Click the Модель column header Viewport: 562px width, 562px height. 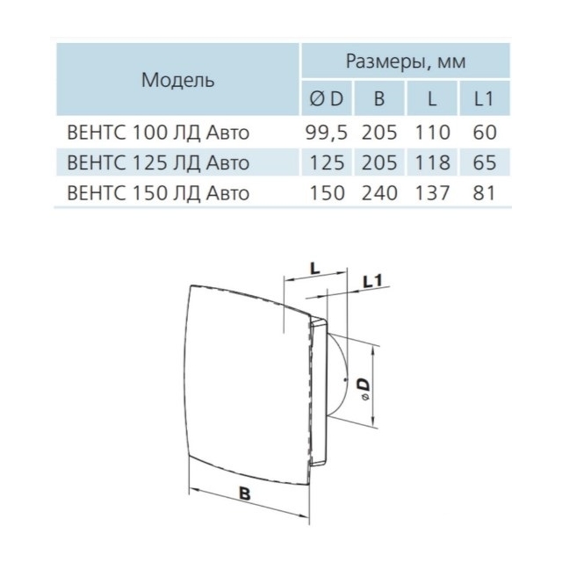(x=177, y=80)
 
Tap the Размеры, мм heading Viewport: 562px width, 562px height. (x=406, y=61)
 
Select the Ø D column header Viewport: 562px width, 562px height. (x=326, y=98)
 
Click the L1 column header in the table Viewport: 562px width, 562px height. (x=484, y=98)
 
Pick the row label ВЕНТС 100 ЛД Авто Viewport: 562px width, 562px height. (x=158, y=133)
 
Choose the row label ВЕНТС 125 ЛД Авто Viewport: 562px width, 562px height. (x=158, y=162)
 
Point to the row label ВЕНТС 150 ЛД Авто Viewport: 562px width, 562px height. (x=158, y=193)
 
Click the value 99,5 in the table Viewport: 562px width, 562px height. (x=327, y=133)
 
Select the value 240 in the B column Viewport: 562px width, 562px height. (x=379, y=193)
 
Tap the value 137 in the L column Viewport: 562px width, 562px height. (x=432, y=193)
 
